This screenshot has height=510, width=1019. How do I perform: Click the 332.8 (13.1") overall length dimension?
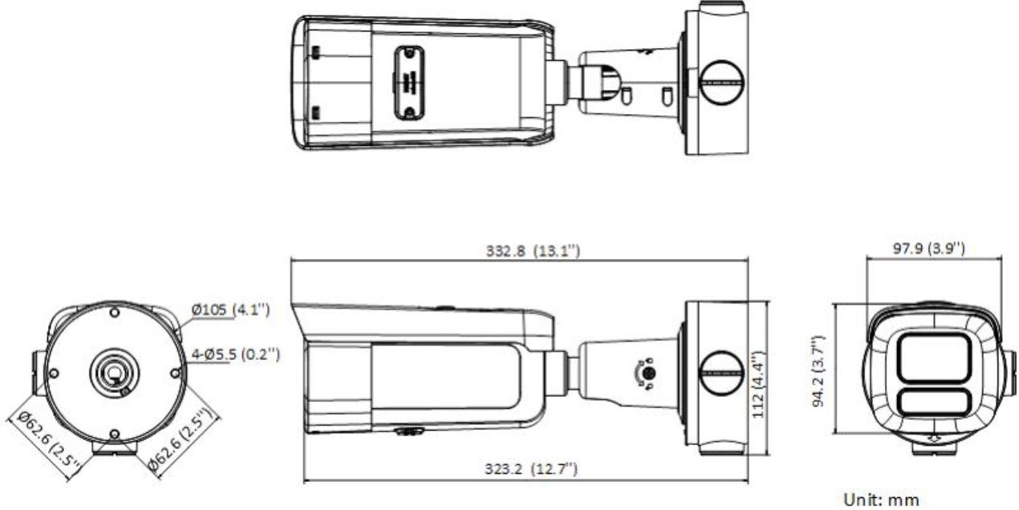(522, 251)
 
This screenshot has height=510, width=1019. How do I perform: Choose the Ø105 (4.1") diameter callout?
(235, 310)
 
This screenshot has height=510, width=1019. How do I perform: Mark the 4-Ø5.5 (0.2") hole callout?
(235, 353)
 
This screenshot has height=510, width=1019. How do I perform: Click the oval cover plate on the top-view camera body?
(408, 82)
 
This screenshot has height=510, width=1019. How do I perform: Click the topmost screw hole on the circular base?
(114, 310)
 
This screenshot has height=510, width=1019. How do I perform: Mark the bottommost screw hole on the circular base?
(114, 434)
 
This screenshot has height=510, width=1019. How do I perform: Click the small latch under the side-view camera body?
(410, 431)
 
